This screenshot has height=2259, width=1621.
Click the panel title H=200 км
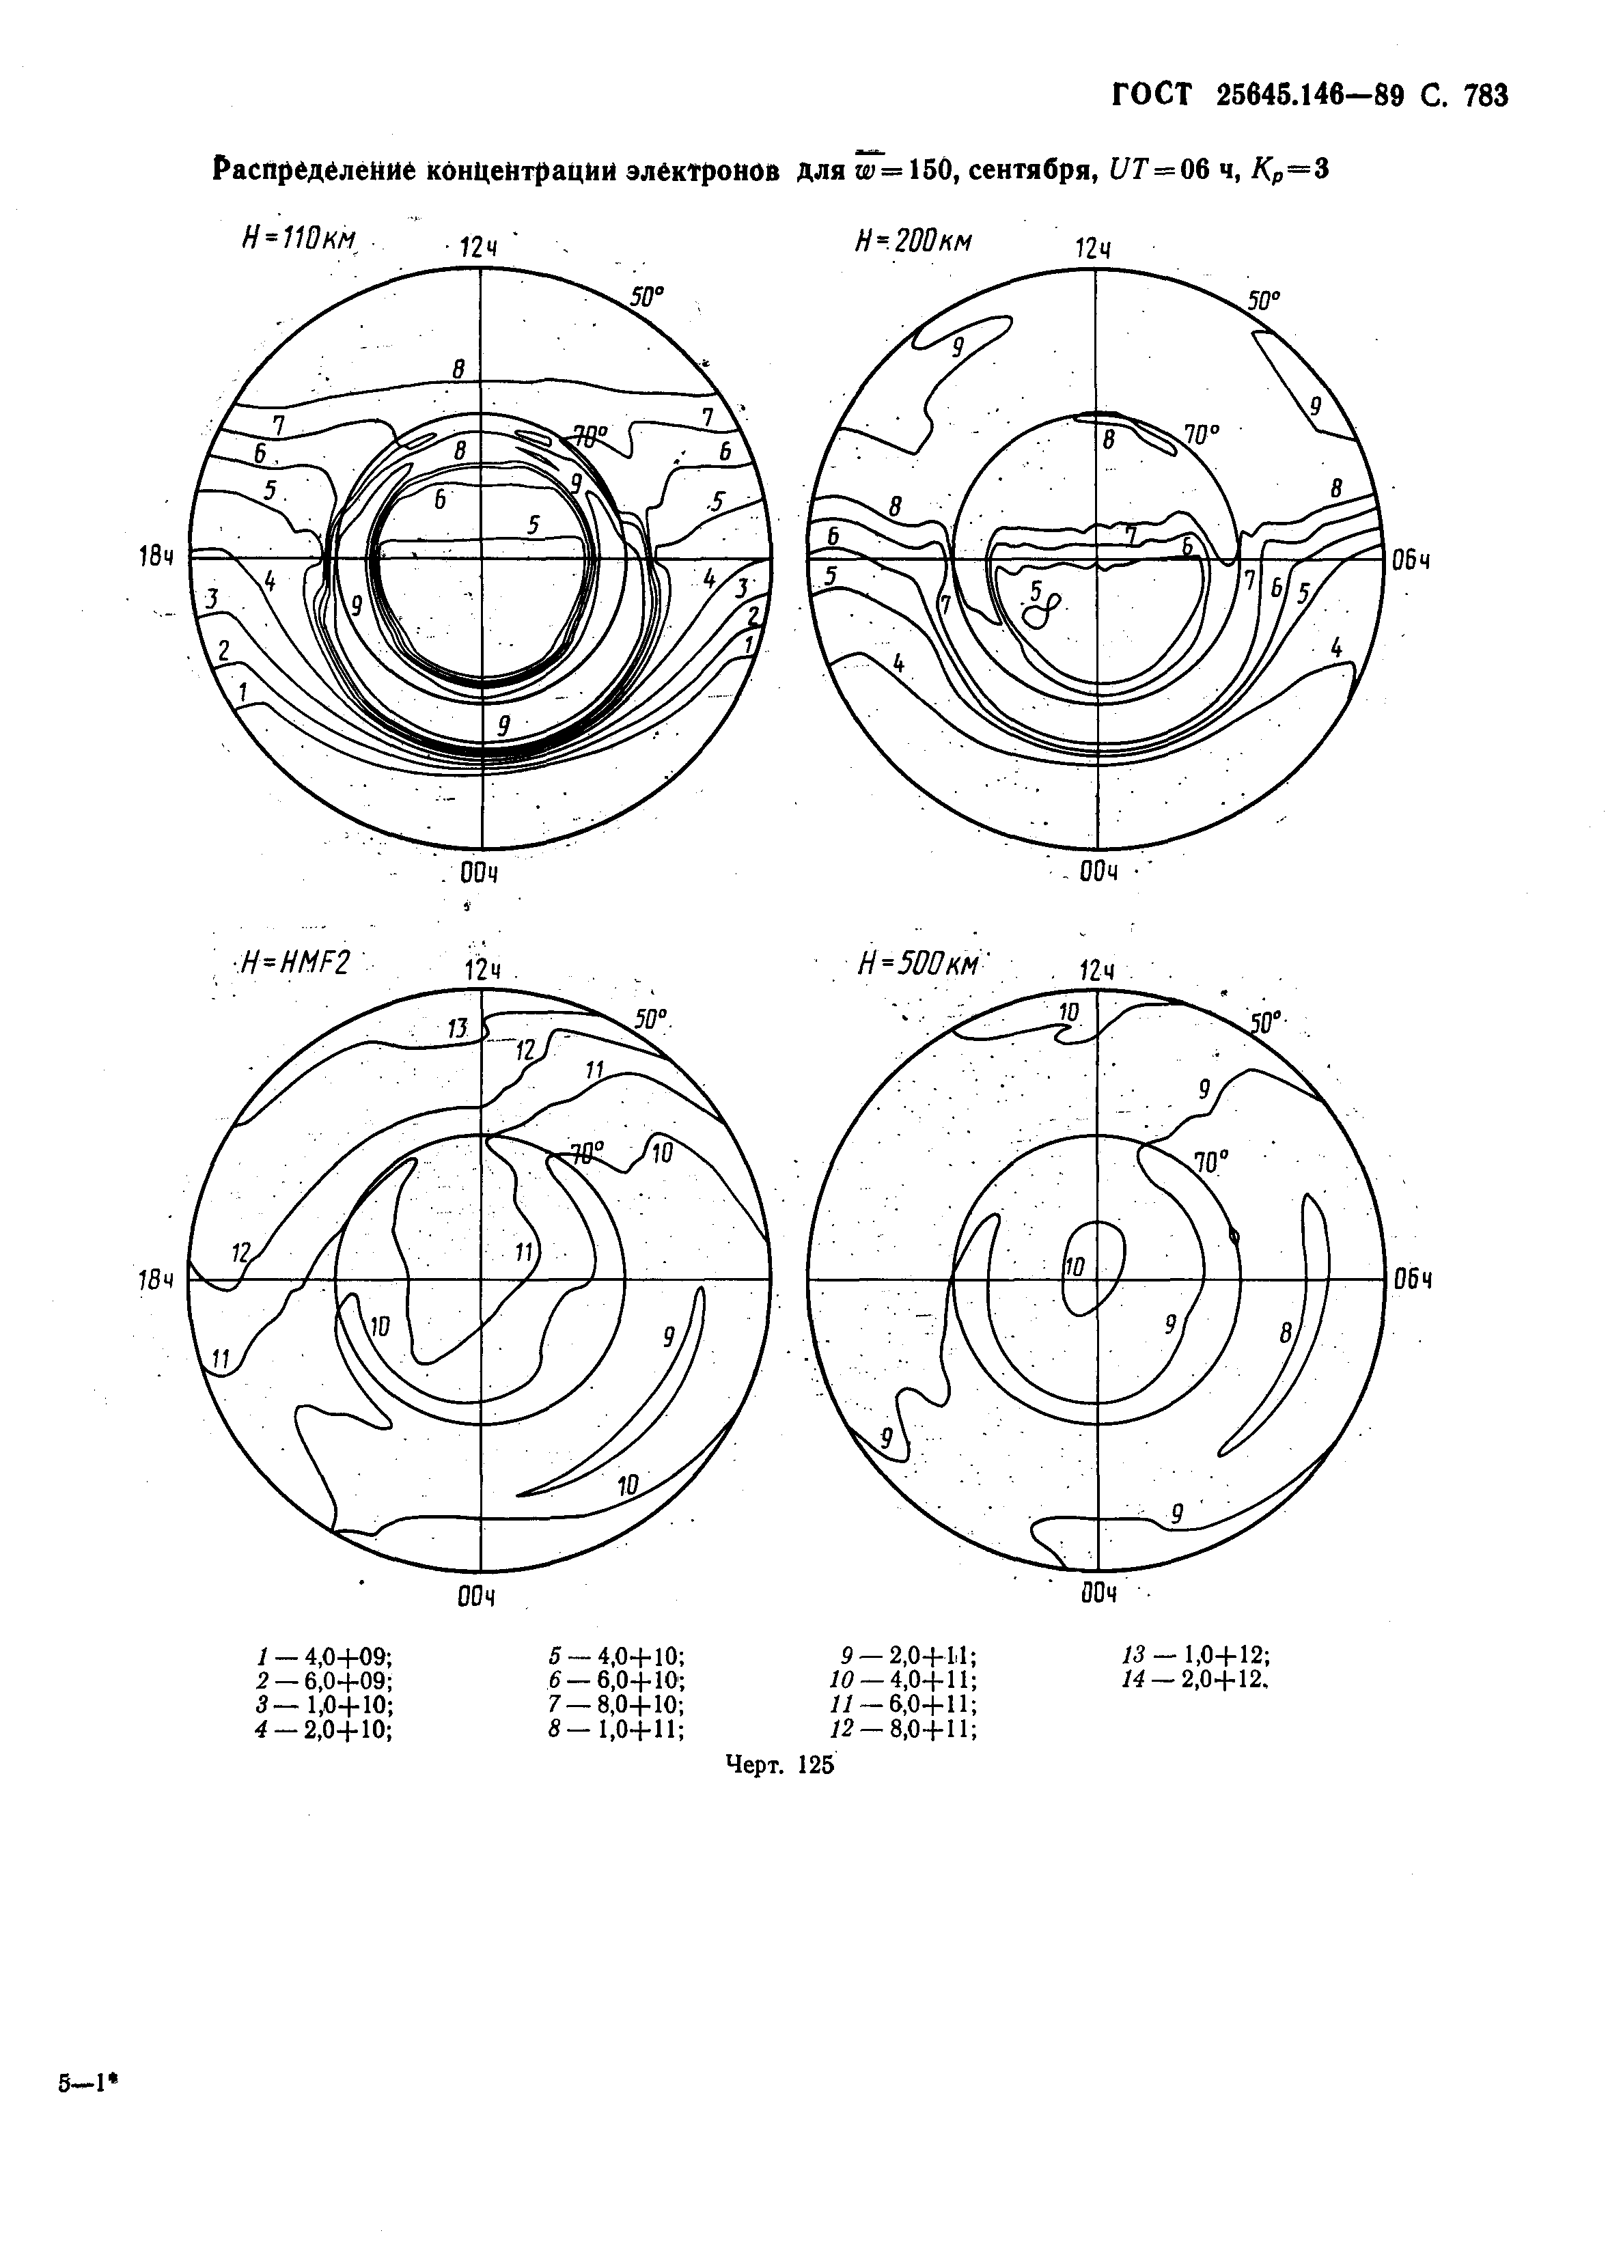(913, 240)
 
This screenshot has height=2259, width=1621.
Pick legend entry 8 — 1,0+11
(615, 1730)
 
